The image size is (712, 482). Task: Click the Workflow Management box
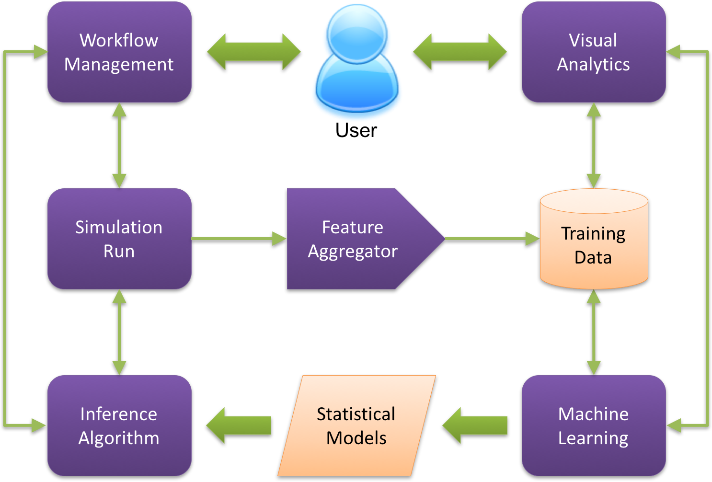click(x=119, y=52)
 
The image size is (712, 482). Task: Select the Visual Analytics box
click(x=593, y=52)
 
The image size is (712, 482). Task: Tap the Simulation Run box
click(x=119, y=239)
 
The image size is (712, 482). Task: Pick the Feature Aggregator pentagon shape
click(x=355, y=239)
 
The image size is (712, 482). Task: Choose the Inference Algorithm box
click(x=119, y=425)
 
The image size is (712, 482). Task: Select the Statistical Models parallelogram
click(x=356, y=425)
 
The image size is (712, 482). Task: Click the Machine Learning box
click(x=593, y=425)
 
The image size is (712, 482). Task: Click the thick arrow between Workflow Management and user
click(x=253, y=52)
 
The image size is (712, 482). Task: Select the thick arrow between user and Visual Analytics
click(x=459, y=52)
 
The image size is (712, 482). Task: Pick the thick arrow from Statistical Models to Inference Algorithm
click(x=239, y=425)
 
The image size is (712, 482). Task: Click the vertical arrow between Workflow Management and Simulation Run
click(x=119, y=145)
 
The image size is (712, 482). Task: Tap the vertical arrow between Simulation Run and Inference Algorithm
click(x=119, y=332)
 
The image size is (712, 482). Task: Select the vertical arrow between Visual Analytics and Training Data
click(x=594, y=145)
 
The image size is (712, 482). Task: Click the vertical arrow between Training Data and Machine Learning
click(x=594, y=332)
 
